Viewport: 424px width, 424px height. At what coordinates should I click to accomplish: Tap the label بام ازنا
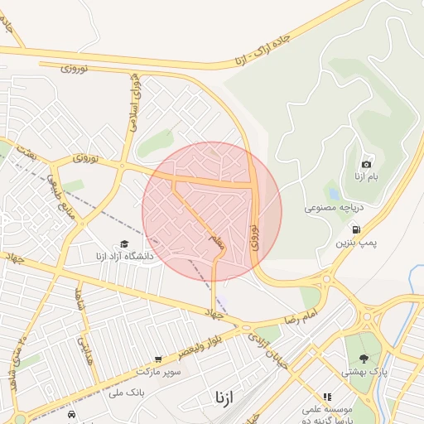[367, 177]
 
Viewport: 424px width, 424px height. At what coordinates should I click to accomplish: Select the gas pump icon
[356, 229]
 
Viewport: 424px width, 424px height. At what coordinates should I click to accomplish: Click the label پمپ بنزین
[356, 243]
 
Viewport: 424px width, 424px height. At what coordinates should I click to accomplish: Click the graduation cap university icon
[124, 243]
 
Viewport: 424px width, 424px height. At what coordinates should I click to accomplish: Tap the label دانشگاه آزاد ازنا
[123, 258]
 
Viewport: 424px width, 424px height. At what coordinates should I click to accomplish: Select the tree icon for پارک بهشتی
[363, 359]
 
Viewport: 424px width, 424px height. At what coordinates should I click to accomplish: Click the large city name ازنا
[224, 397]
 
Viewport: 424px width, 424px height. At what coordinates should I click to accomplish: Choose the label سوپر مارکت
[159, 365]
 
